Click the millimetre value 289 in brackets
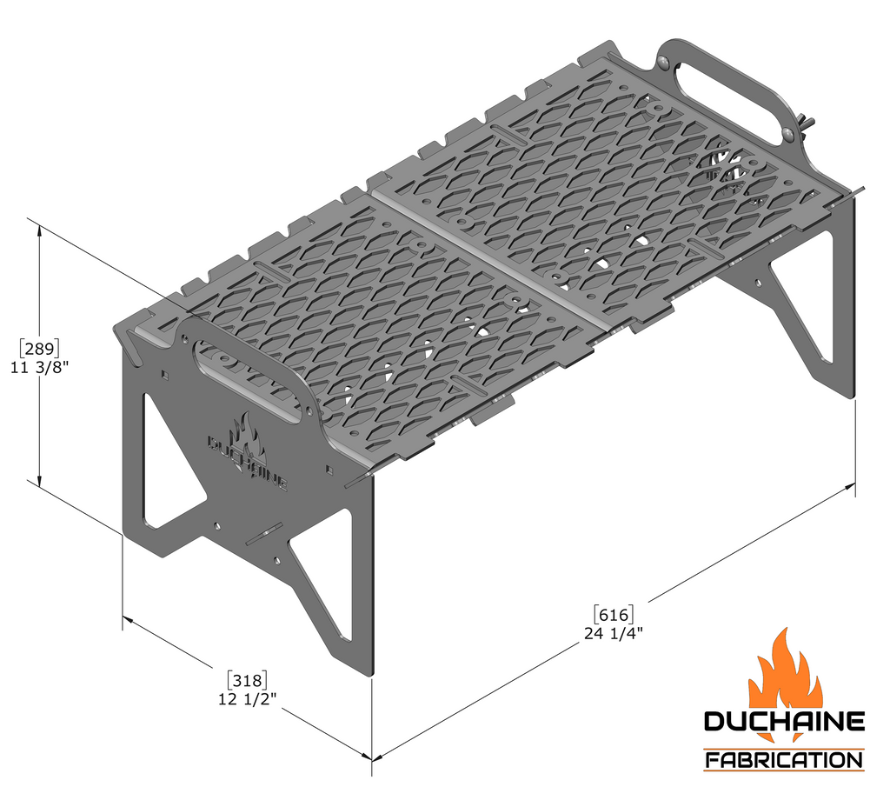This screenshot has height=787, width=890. [x=40, y=349]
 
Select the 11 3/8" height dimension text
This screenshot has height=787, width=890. [x=40, y=367]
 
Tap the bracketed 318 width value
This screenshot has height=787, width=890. [x=247, y=678]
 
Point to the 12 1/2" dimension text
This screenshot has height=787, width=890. [x=247, y=697]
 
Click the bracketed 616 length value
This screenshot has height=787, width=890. [x=613, y=614]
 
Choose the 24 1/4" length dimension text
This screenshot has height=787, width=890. [x=613, y=633]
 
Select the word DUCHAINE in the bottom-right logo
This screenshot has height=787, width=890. [x=784, y=722]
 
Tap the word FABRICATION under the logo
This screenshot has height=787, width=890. [x=784, y=758]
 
